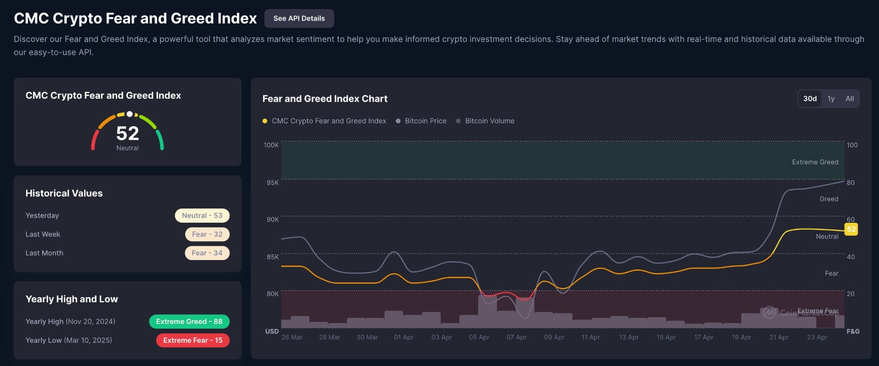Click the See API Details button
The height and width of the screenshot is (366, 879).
click(x=299, y=18)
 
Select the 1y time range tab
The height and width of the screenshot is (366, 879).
click(x=831, y=99)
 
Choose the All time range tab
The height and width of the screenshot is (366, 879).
click(x=849, y=99)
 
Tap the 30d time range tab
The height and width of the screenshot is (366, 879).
click(x=810, y=99)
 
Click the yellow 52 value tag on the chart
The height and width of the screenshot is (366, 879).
click(x=851, y=229)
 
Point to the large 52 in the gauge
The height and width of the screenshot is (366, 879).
click(x=127, y=133)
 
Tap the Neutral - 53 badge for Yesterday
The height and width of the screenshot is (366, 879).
click(x=202, y=215)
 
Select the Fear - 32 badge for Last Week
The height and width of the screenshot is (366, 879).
click(x=207, y=234)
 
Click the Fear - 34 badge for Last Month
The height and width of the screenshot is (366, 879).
click(x=207, y=253)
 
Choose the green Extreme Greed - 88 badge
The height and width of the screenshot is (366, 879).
click(x=189, y=321)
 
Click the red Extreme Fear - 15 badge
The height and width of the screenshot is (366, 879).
click(x=193, y=340)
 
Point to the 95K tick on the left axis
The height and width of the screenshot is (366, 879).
click(x=273, y=182)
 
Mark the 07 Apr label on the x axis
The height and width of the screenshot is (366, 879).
click(x=516, y=337)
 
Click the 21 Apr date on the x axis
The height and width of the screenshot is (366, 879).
click(x=779, y=337)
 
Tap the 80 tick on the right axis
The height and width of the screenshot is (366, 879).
click(x=850, y=182)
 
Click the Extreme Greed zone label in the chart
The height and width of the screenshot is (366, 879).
click(x=815, y=162)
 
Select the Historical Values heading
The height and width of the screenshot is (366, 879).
click(x=64, y=193)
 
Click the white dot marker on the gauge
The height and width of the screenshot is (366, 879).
click(x=129, y=114)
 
